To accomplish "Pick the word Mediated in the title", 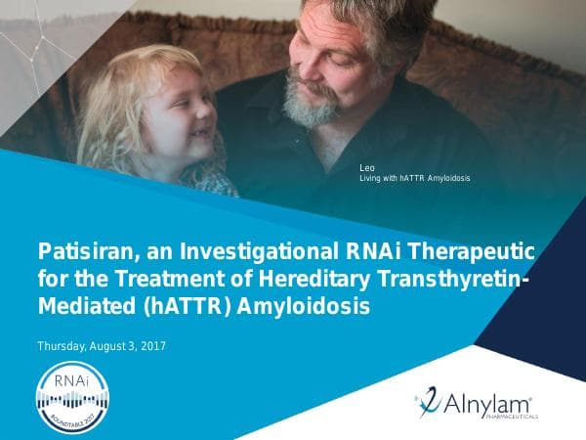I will click(80, 308).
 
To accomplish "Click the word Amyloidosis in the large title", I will click(308, 308).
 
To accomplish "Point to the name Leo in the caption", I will click(367, 168).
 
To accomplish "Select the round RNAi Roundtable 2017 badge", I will click(70, 396).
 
